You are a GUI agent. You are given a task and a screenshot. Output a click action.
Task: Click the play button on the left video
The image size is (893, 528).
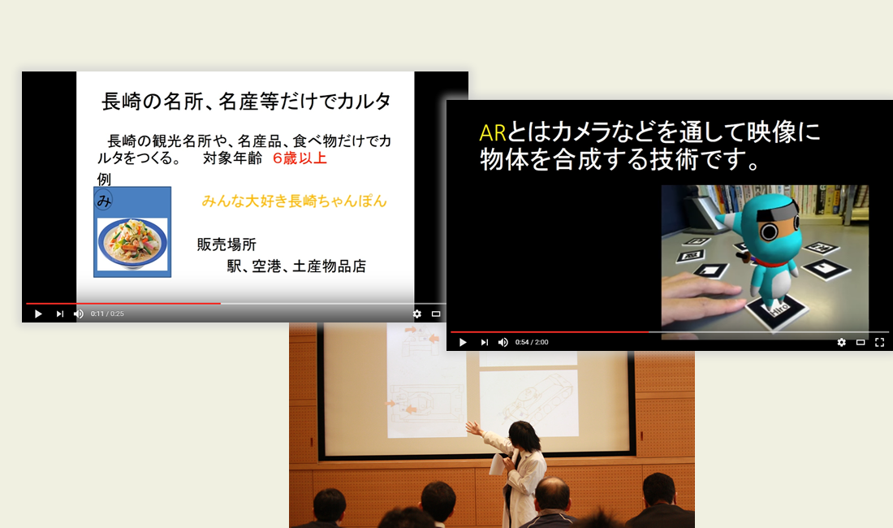click(38, 314)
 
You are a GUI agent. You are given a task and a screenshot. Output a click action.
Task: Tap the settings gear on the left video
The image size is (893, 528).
click(417, 314)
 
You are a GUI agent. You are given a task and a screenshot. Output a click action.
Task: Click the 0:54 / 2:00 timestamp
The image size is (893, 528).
click(532, 342)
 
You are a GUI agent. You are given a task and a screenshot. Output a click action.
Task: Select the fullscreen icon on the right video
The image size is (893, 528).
click(879, 342)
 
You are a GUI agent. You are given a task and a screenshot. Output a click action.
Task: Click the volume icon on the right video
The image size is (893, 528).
click(503, 342)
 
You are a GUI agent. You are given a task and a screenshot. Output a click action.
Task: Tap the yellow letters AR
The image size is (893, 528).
click(493, 132)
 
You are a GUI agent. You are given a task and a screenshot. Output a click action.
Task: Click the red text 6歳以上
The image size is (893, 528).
click(300, 158)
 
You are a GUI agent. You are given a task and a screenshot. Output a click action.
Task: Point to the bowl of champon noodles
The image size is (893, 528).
click(132, 243)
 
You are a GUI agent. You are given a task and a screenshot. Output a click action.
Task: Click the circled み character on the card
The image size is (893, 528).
click(104, 201)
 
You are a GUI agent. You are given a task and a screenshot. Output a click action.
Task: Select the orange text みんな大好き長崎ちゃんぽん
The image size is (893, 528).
click(294, 201)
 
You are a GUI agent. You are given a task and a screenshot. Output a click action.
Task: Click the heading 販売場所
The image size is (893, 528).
click(226, 245)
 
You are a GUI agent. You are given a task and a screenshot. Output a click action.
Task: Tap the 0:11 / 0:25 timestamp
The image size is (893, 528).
click(107, 314)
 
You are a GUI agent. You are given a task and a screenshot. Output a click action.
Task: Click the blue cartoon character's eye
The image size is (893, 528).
click(770, 232)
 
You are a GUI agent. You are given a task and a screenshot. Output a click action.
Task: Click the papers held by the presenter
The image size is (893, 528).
click(496, 465)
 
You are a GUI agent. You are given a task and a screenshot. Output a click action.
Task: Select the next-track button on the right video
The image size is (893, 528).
click(484, 342)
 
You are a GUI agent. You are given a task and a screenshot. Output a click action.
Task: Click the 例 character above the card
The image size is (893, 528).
click(104, 179)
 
